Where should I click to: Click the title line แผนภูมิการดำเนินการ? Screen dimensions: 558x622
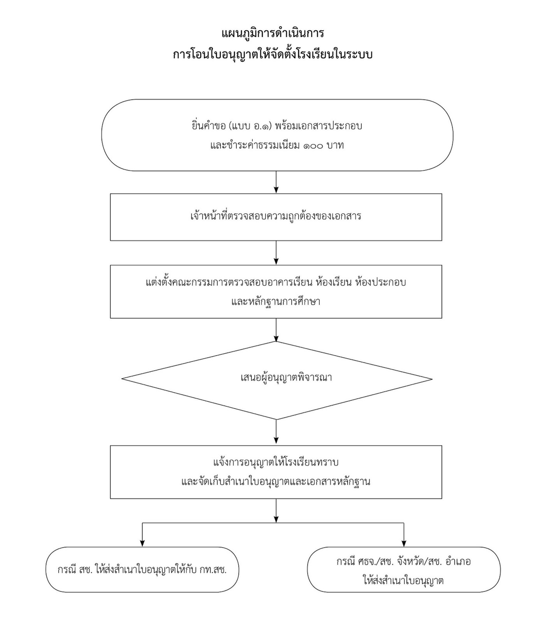pyautogui.click(x=273, y=33)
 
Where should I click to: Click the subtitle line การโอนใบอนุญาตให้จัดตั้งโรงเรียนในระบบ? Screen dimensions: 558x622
pyautogui.click(x=273, y=54)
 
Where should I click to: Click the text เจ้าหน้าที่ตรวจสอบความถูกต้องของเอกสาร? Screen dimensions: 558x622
pyautogui.click(x=276, y=216)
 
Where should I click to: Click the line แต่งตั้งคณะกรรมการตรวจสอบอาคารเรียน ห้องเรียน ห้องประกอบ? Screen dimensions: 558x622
pyautogui.click(x=276, y=282)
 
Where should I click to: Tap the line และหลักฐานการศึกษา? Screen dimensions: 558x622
pyautogui.click(x=276, y=301)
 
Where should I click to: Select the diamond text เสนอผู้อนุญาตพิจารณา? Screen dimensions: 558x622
pyautogui.click(x=286, y=377)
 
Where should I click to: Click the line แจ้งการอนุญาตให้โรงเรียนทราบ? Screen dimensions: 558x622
pyautogui.click(x=276, y=462)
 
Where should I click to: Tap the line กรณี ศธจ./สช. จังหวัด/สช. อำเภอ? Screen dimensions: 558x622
pyautogui.click(x=403, y=562)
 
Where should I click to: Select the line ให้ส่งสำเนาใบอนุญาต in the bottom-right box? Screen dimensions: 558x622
pyautogui.click(x=403, y=581)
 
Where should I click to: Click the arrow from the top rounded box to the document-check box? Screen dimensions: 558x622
pyautogui.click(x=276, y=182)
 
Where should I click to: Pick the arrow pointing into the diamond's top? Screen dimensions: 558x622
pyautogui.click(x=276, y=330)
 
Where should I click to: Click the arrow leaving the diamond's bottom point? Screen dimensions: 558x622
pyautogui.click(x=276, y=432)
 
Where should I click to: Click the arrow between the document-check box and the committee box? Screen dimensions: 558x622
pyautogui.click(x=276, y=253)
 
